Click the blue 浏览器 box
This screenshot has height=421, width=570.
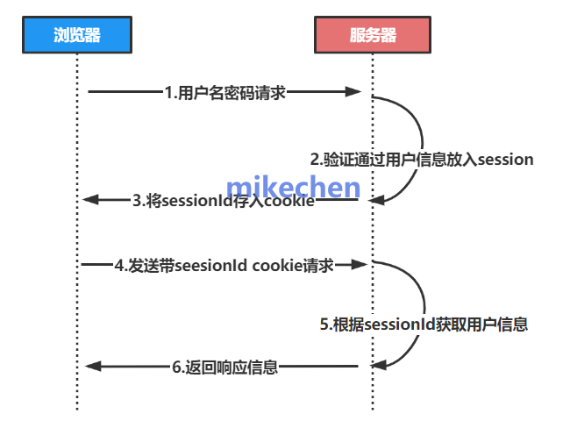click(76, 35)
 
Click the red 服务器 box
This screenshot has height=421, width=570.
click(373, 35)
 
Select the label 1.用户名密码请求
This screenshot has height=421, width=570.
click(225, 91)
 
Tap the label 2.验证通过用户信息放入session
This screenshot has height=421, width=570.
click(422, 160)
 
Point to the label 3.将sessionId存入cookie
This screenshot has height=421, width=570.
click(224, 201)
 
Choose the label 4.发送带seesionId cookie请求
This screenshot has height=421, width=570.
click(224, 264)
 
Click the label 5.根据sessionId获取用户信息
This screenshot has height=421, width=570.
click(424, 325)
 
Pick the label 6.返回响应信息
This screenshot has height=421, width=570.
click(224, 367)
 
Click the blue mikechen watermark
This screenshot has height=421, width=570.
click(293, 187)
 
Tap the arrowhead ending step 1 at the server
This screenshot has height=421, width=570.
click(354, 91)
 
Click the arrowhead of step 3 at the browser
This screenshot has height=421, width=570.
click(91, 201)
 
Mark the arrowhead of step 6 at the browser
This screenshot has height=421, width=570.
click(91, 367)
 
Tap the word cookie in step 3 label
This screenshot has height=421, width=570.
click(291, 201)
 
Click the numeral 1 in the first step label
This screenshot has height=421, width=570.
click(167, 91)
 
